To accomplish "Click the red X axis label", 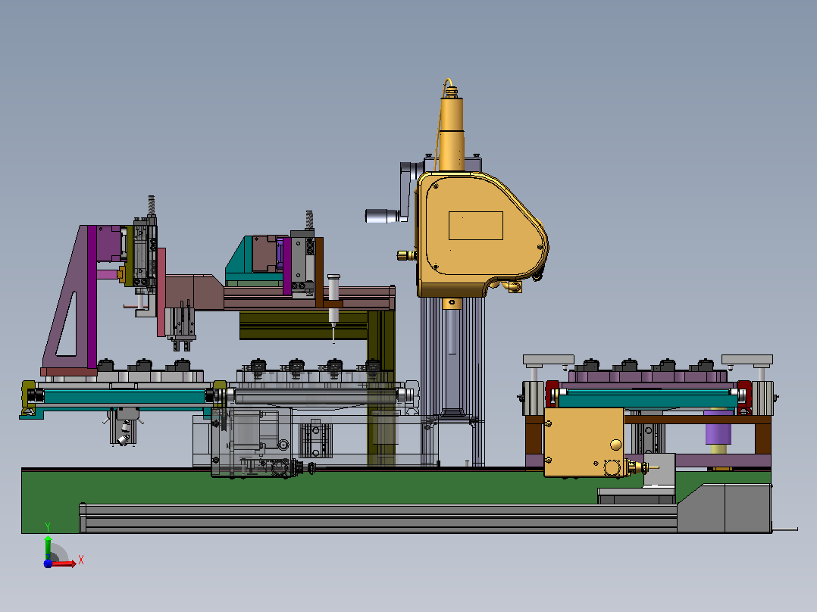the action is click(x=81, y=560).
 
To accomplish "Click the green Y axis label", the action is click(x=48, y=527).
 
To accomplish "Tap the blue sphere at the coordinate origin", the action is click(x=48, y=564).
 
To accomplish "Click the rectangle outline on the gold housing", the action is click(x=476, y=226).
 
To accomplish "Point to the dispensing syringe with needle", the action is click(x=333, y=308).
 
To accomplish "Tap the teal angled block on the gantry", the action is click(x=239, y=261).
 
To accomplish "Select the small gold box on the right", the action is click(x=584, y=442).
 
